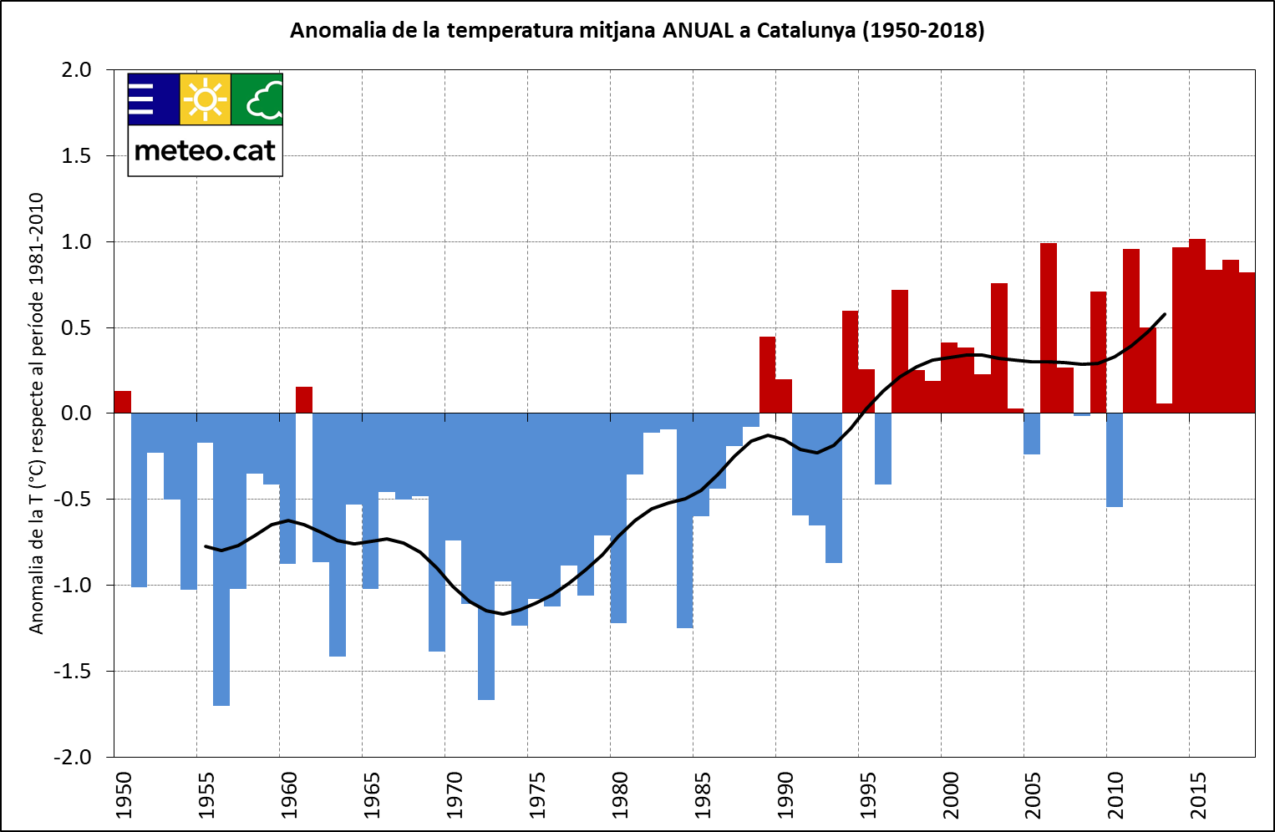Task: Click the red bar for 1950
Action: [x=123, y=402]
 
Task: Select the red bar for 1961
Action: [x=304, y=400]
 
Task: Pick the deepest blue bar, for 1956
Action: [x=221, y=560]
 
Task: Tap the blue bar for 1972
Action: [x=486, y=556]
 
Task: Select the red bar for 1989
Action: [x=767, y=375]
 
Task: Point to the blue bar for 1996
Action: [x=883, y=449]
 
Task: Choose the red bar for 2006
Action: [x=1049, y=328]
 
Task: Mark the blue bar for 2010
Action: [x=1115, y=460]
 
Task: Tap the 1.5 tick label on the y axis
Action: [x=76, y=156]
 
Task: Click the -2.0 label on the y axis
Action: [x=74, y=757]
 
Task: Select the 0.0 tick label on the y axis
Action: [x=76, y=413]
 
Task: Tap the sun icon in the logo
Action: [x=206, y=99]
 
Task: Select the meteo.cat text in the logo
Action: [x=205, y=151]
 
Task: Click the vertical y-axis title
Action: [x=37, y=413]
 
